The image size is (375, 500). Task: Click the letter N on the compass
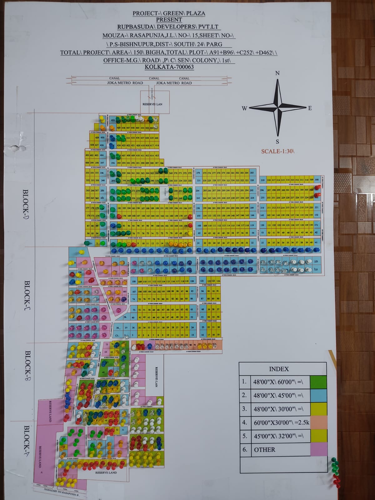pos(277,73)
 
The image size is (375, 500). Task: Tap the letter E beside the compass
pos(310,108)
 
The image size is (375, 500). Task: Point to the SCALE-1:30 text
pos(278,151)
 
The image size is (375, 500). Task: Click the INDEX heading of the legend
pos(279,369)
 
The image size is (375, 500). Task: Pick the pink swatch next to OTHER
pos(318,449)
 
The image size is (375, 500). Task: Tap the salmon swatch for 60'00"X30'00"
pos(318,422)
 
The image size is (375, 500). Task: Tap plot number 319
pos(262,180)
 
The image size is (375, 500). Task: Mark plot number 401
pos(87,155)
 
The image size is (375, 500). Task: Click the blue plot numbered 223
pos(316,262)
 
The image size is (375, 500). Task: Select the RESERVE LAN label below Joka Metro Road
pos(152,104)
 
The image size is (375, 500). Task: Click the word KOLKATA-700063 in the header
pos(169,67)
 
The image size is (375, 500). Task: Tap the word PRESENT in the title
pos(169,20)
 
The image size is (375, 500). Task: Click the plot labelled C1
pos(117,335)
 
